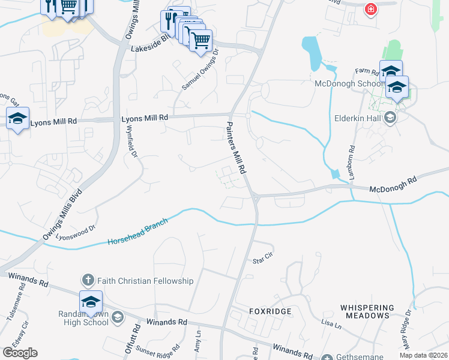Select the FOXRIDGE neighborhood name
[x=270, y=311]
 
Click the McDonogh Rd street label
[x=392, y=184]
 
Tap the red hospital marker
[x=371, y=9]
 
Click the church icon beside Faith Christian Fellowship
[x=88, y=280]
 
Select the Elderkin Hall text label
[x=358, y=118]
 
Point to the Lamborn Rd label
[x=351, y=160]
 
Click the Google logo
[x=19, y=353]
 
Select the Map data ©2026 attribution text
[x=423, y=355]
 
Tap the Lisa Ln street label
[x=331, y=324]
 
